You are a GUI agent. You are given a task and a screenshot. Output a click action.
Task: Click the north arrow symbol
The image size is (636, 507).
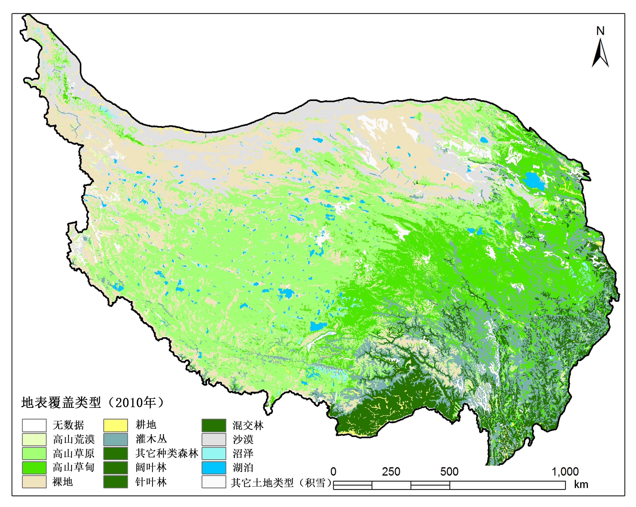click(x=600, y=54)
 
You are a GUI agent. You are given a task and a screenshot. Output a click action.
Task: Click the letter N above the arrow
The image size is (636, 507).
click(x=600, y=31)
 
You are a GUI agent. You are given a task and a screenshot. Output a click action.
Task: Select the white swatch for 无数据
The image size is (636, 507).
click(x=34, y=425)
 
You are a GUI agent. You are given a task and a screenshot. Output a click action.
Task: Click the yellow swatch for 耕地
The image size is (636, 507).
click(x=116, y=425)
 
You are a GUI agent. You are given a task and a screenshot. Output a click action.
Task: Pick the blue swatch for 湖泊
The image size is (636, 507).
click(x=214, y=468)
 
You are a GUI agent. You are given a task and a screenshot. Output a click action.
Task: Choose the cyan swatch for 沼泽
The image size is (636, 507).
click(x=214, y=453)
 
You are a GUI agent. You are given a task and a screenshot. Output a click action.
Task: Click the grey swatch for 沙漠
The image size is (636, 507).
click(x=214, y=439)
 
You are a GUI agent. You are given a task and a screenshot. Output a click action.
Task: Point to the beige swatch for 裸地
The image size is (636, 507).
click(x=34, y=482)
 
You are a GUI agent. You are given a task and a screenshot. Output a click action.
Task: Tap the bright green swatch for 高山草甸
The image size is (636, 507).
click(x=34, y=468)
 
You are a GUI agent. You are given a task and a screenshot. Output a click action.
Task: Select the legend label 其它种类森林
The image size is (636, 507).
click(x=167, y=453)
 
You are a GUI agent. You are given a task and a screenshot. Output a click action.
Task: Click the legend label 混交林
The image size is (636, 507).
click(x=248, y=425)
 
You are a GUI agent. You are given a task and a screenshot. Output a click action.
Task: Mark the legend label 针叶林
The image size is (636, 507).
click(x=151, y=482)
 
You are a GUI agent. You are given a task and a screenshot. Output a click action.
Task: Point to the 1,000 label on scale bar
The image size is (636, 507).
click(x=565, y=472)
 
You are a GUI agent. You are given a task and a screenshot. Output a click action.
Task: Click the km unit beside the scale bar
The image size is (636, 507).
click(x=581, y=485)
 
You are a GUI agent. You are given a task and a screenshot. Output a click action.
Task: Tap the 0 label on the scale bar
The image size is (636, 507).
click(x=333, y=472)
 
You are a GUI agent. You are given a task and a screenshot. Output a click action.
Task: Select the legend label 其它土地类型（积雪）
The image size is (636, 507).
click(x=282, y=483)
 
